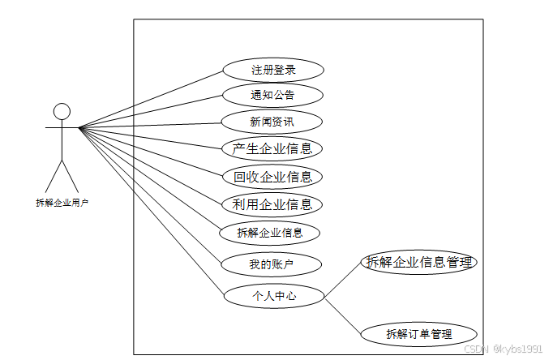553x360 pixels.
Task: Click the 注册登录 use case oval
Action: pyautogui.click(x=272, y=70)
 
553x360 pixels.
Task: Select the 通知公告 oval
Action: pyautogui.click(x=272, y=96)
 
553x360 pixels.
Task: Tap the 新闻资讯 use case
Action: pyautogui.click(x=272, y=122)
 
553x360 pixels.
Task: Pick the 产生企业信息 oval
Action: pyautogui.click(x=272, y=149)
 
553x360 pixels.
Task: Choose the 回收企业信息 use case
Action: pyautogui.click(x=272, y=177)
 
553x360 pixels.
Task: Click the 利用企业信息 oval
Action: pyautogui.click(x=272, y=204)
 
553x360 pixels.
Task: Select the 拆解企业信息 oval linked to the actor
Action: pyautogui.click(x=271, y=233)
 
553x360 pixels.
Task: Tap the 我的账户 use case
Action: pyautogui.click(x=271, y=264)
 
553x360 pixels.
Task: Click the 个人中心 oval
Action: pyautogui.click(x=273, y=296)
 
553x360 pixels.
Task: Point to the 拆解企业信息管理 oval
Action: pyautogui.click(x=418, y=263)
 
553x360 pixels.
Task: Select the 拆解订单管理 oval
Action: pyautogui.click(x=418, y=333)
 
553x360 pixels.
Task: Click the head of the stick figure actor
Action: pyautogui.click(x=62, y=111)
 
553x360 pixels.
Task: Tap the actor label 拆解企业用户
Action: pyautogui.click(x=62, y=203)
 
